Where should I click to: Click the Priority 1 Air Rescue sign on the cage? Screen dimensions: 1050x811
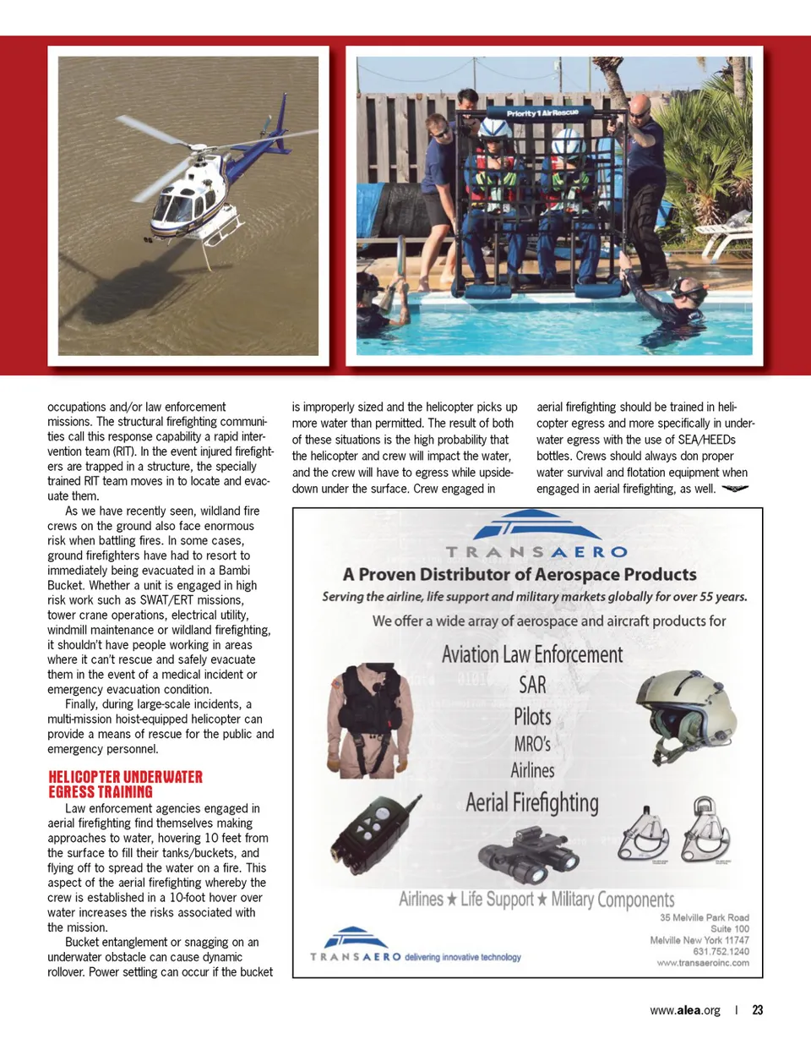542,112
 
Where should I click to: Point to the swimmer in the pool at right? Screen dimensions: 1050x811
676,300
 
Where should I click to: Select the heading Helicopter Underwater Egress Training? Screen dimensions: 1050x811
125,784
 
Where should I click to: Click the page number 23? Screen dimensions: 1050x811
758,1009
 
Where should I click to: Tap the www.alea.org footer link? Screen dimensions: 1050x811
685,1009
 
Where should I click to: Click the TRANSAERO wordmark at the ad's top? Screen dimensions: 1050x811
536,552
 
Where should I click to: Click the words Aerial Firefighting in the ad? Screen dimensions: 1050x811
532,802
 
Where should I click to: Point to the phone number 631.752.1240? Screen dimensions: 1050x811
721,951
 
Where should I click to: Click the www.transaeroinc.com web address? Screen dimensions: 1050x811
703,963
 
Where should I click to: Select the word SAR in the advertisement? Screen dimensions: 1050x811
532,685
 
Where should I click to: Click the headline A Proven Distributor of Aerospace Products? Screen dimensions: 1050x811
520,575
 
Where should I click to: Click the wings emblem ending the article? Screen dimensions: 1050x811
735,489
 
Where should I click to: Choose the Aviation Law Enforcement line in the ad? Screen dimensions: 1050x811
532,654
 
